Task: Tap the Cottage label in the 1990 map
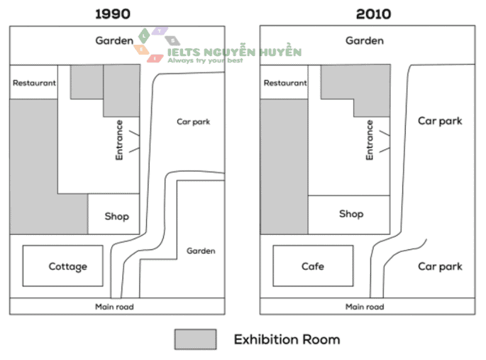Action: click(67, 267)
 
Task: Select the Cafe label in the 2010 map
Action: click(312, 266)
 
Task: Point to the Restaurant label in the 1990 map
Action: click(34, 83)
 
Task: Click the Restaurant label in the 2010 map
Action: click(285, 83)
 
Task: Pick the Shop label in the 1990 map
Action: click(117, 216)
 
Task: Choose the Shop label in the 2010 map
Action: click(351, 214)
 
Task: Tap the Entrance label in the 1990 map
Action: click(119, 139)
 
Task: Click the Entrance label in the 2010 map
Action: click(370, 139)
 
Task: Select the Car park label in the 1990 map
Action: click(193, 121)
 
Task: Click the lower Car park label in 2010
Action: click(440, 267)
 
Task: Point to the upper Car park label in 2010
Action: click(440, 121)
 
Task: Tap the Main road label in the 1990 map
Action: click(114, 307)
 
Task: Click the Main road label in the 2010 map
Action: click(365, 307)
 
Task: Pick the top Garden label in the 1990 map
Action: click(114, 41)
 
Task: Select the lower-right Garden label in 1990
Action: click(201, 251)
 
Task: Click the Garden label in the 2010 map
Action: click(365, 41)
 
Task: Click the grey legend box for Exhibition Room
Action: click(195, 339)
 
